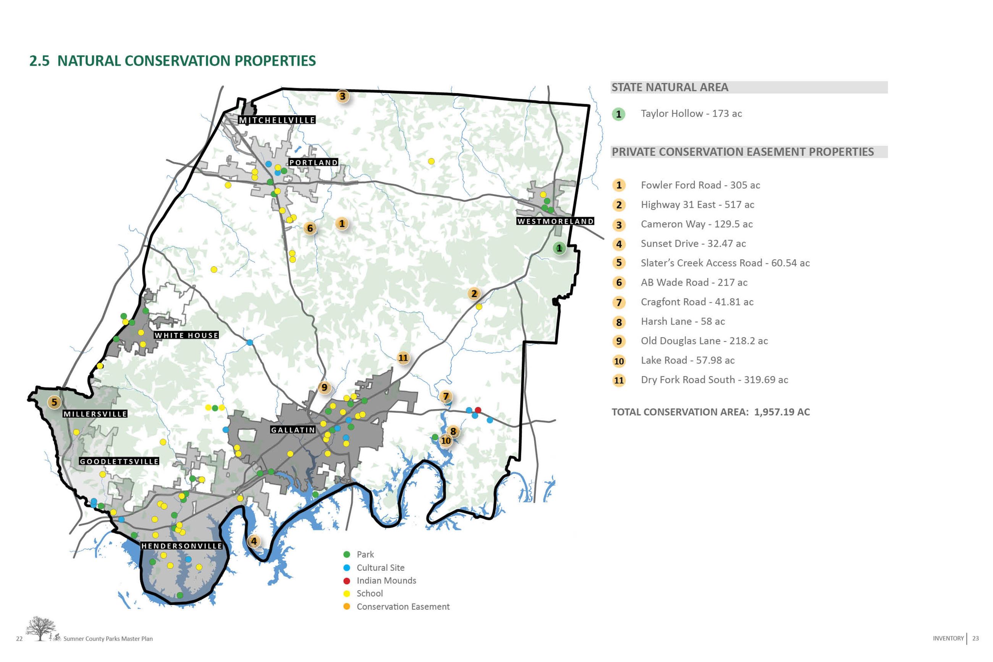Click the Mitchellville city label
coord(277,120)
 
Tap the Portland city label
coord(313,163)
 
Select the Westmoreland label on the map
coord(555,221)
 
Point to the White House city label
coord(186,335)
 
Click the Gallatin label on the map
coord(293,430)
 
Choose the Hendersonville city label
coord(182,546)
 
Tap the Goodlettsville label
coord(119,462)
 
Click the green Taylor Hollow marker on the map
coord(559,248)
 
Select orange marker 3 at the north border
coord(343,96)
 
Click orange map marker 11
coord(403,358)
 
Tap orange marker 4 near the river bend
coord(254,541)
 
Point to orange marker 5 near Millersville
coord(54,402)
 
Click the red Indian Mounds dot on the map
coord(478,410)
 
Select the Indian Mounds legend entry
coord(386,581)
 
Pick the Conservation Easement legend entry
coord(403,607)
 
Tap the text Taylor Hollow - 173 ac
coord(691,113)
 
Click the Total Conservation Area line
coord(710,412)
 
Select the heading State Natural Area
coord(670,87)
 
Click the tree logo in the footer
coord(40,629)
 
